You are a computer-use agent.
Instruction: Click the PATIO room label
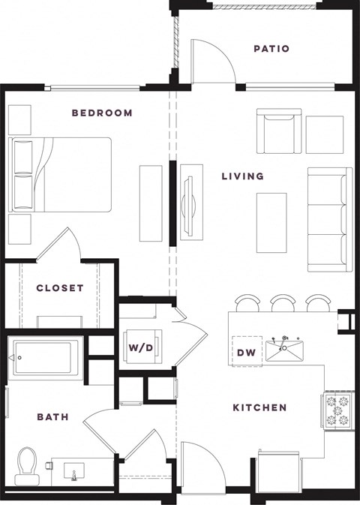tap(271, 50)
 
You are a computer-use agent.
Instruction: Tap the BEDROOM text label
tap(102, 113)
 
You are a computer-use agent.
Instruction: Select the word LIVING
tap(242, 176)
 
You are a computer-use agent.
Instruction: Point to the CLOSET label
tap(60, 287)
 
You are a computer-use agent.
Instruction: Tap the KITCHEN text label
tap(259, 407)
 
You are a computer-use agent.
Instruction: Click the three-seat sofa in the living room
tap(329, 219)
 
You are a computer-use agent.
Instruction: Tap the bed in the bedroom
tap(61, 174)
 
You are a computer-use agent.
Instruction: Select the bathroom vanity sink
tap(76, 473)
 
